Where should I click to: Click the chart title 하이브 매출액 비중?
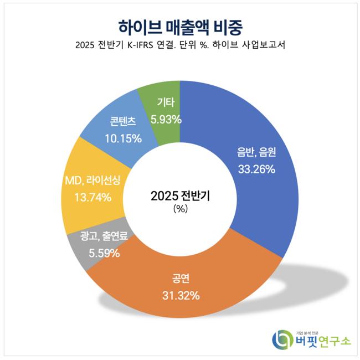pyautogui.click(x=181, y=26)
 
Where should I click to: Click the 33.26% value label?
pyautogui.click(x=256, y=169)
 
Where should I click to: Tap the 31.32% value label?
pyautogui.click(x=181, y=296)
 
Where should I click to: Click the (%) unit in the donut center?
pyautogui.click(x=181, y=209)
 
